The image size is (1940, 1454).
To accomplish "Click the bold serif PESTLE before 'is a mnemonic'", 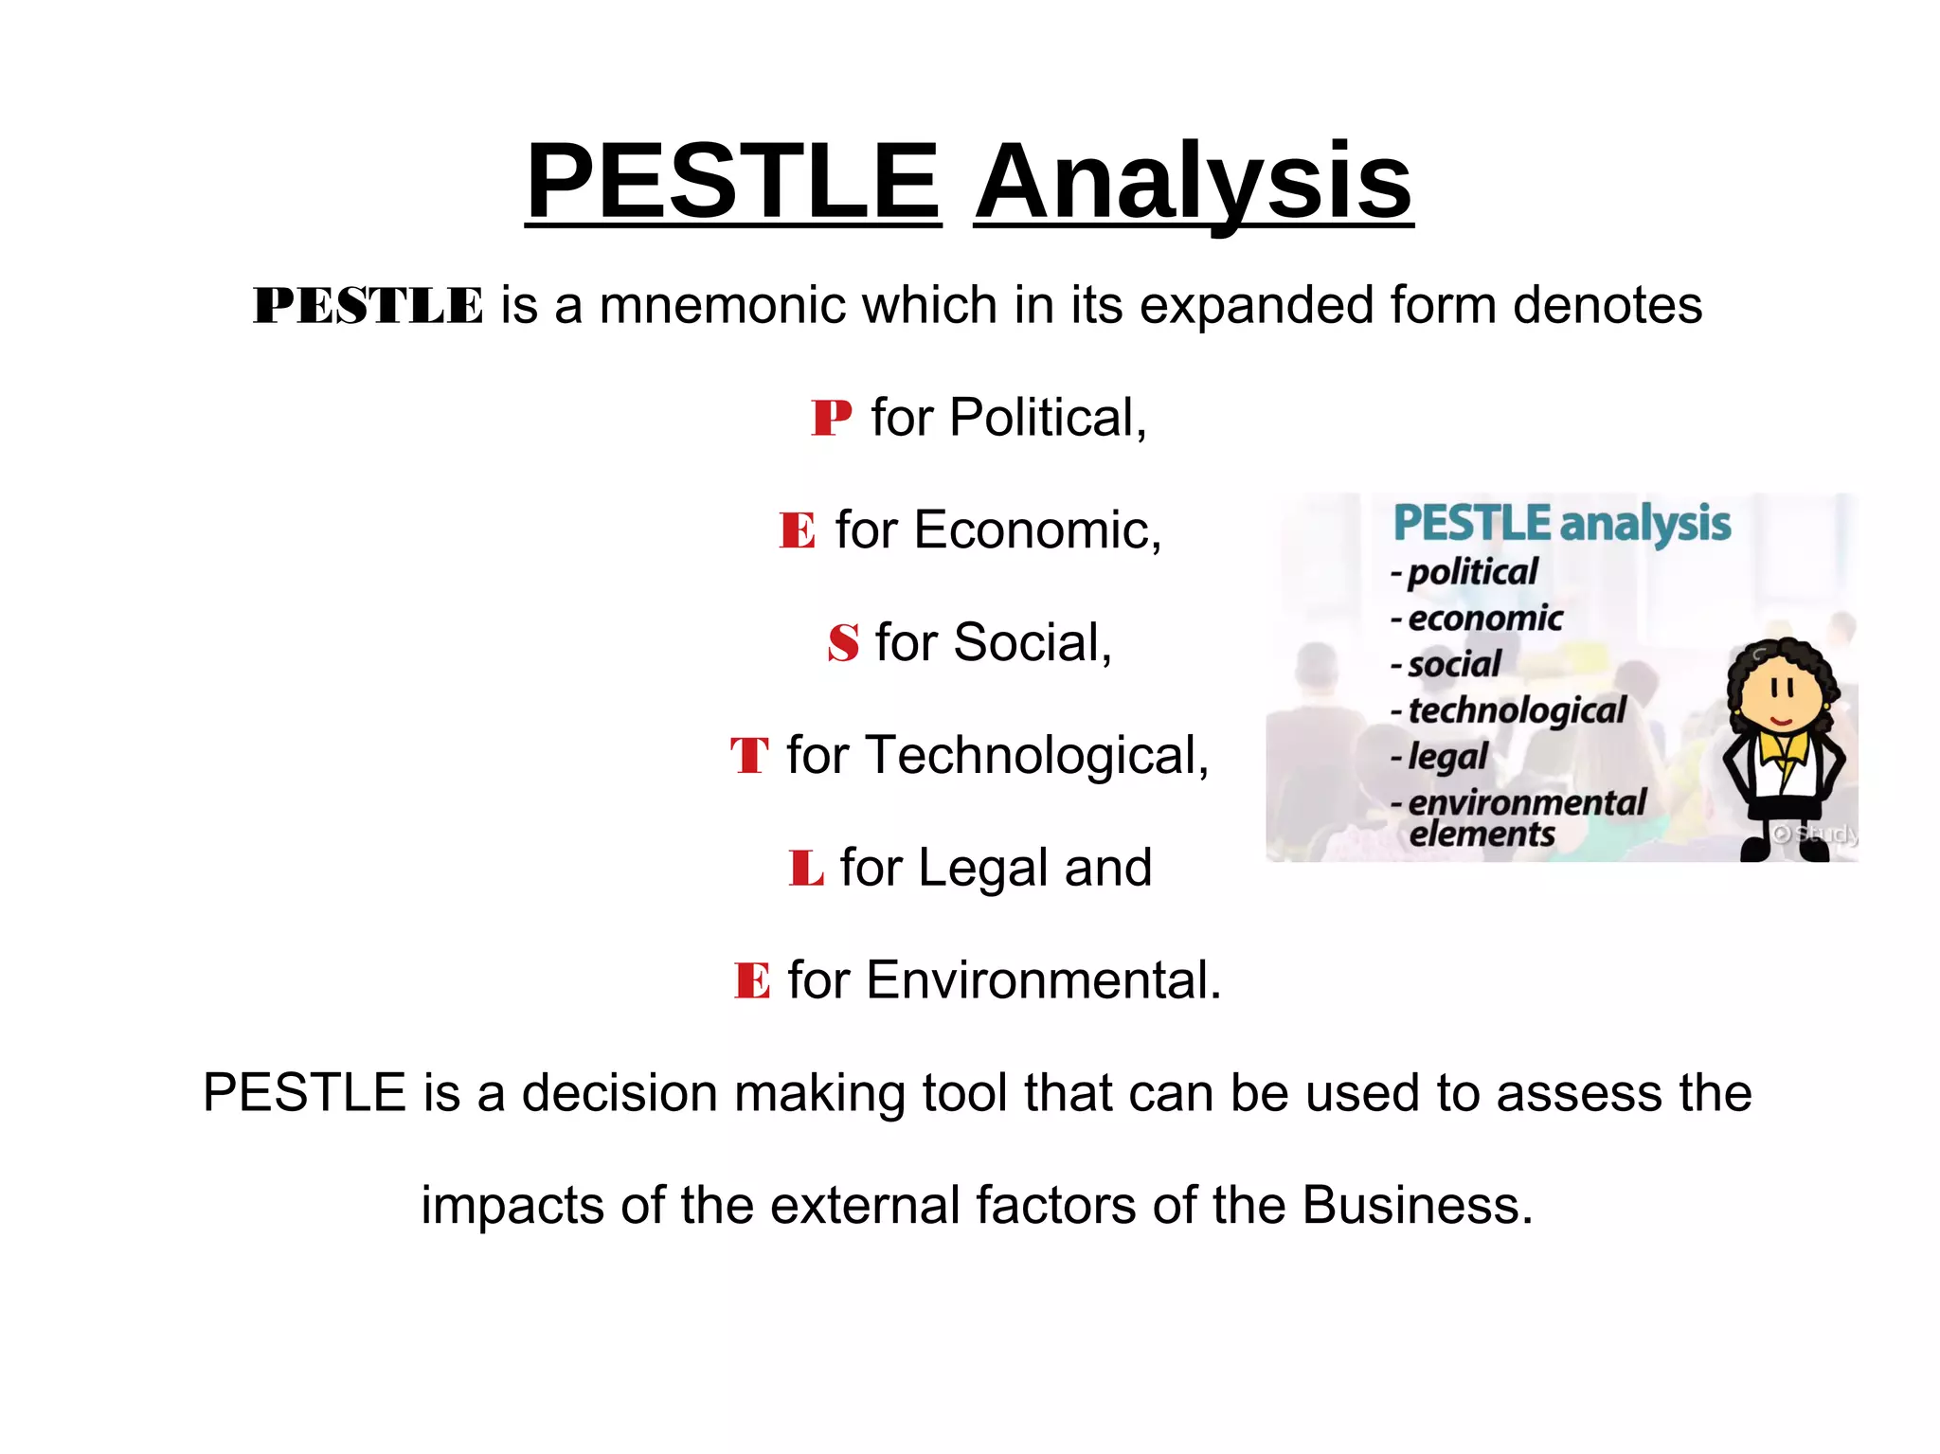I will click(x=368, y=306).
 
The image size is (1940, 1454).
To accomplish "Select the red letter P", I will click(x=831, y=418).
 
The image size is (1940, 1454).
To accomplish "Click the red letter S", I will click(x=843, y=643).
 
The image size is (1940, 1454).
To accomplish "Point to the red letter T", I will click(x=748, y=756).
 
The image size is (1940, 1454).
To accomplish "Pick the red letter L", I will click(x=805, y=868).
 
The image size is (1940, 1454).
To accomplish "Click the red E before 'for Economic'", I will click(x=797, y=530).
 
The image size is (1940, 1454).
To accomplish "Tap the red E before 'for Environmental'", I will click(x=752, y=980).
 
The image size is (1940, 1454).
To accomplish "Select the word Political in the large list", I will click(x=1048, y=418).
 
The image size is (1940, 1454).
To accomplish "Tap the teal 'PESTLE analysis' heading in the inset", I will click(x=1561, y=524).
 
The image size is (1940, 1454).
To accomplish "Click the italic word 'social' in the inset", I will click(x=1454, y=664).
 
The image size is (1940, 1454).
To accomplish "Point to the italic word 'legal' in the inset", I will click(x=1447, y=757).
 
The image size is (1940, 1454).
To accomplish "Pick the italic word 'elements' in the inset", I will click(x=1482, y=835).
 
